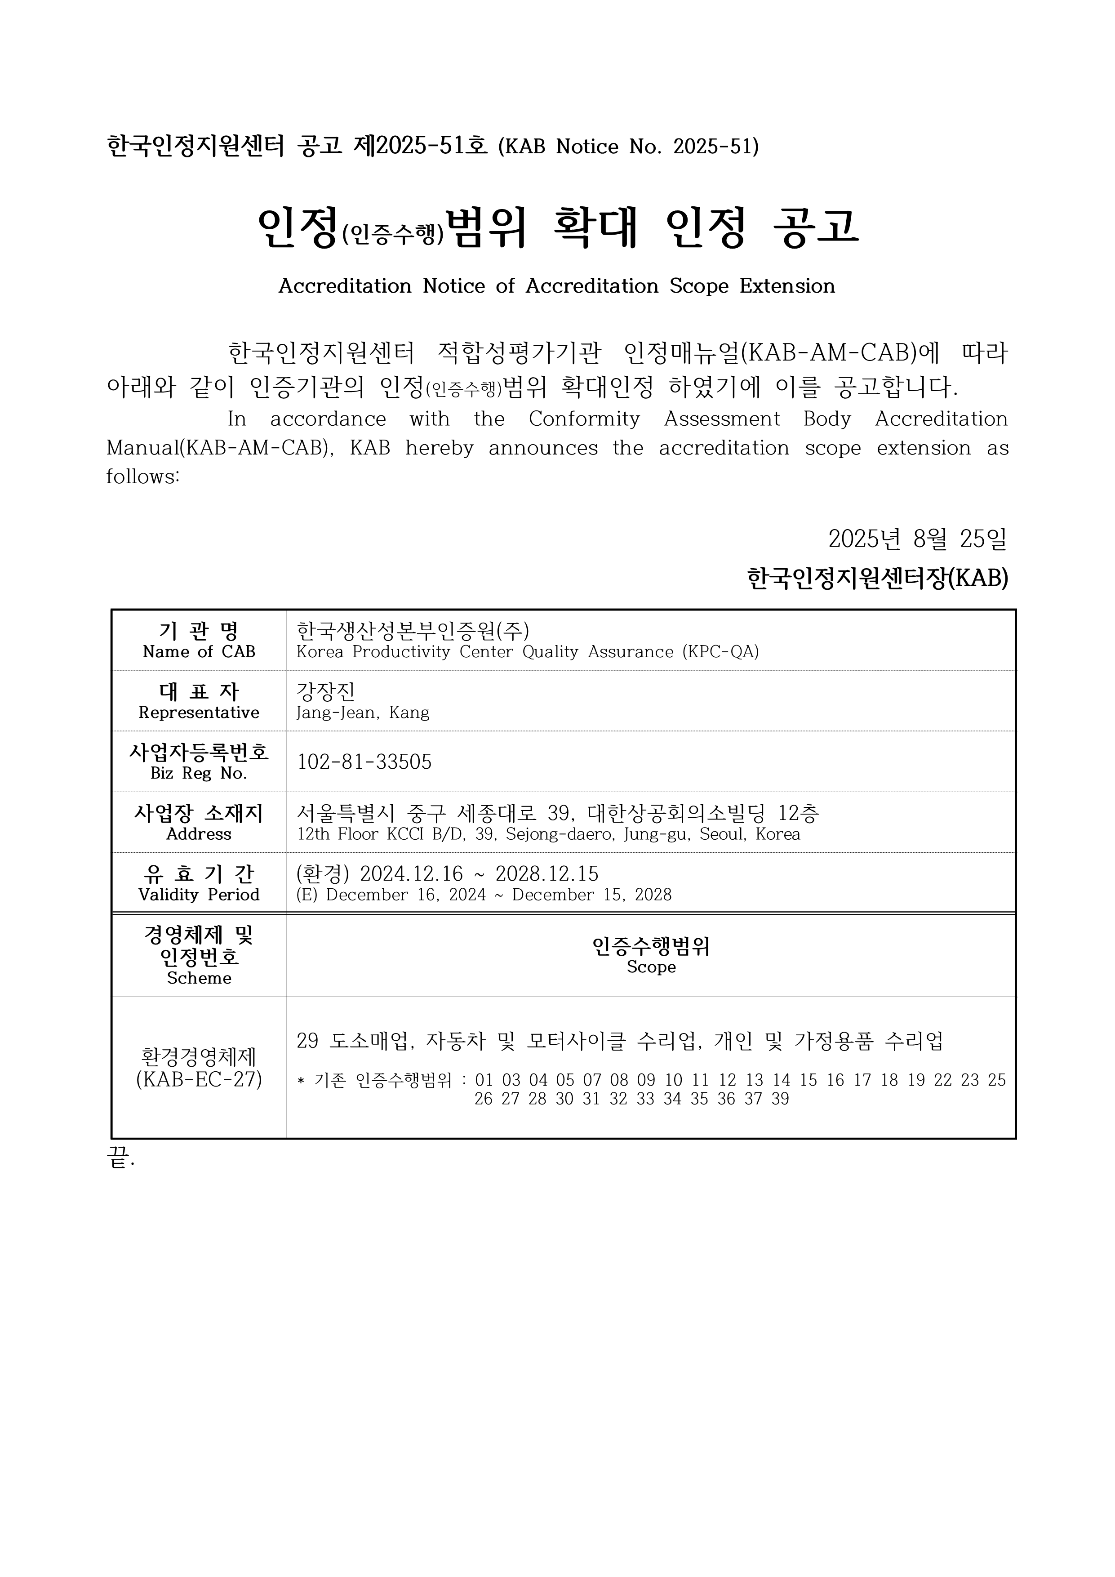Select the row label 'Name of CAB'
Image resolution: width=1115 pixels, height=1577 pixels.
[x=199, y=652]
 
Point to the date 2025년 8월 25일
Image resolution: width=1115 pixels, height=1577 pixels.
[x=917, y=539]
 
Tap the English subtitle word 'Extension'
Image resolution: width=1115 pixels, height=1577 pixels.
[x=787, y=286]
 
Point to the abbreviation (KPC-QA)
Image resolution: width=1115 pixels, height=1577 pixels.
[x=720, y=652]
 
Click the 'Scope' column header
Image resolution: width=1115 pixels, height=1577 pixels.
[x=651, y=967]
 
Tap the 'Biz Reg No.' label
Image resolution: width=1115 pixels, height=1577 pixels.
[x=199, y=773]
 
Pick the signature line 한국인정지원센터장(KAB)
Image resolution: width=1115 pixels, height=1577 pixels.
[x=877, y=578]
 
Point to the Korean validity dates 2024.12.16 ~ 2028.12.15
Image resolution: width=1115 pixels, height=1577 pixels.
[x=479, y=873]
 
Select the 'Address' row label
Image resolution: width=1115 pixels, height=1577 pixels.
[x=199, y=834]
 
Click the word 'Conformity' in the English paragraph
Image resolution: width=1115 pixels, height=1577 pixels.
[x=584, y=419]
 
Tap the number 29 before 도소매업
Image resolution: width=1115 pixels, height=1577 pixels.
[x=307, y=1041]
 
